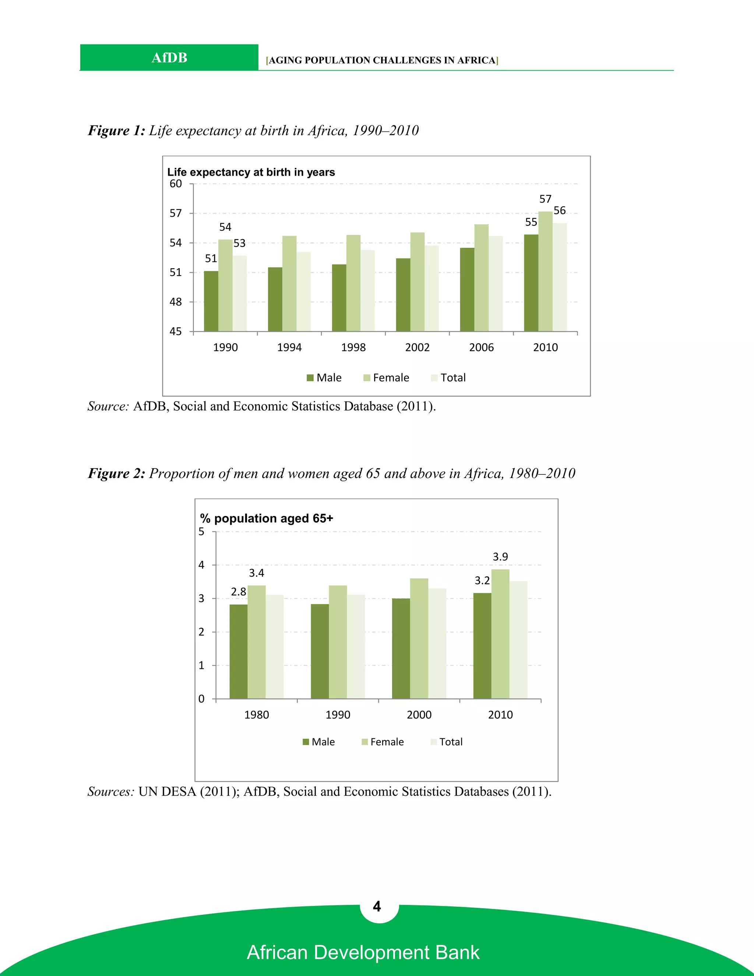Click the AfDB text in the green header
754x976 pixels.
169,58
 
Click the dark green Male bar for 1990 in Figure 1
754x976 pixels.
211,301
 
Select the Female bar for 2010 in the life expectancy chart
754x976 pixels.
545,271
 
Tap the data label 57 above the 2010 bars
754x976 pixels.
545,199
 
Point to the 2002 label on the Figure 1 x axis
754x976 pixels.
417,347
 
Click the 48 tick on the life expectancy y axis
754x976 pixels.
176,302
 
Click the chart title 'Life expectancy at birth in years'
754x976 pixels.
251,172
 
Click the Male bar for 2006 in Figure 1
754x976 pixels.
467,289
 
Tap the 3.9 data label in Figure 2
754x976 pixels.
500,557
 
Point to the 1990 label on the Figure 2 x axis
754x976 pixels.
338,715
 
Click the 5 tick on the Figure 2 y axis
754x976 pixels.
201,532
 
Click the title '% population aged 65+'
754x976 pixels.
266,519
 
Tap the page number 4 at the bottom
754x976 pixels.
377,906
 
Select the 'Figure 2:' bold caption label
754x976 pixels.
116,473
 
